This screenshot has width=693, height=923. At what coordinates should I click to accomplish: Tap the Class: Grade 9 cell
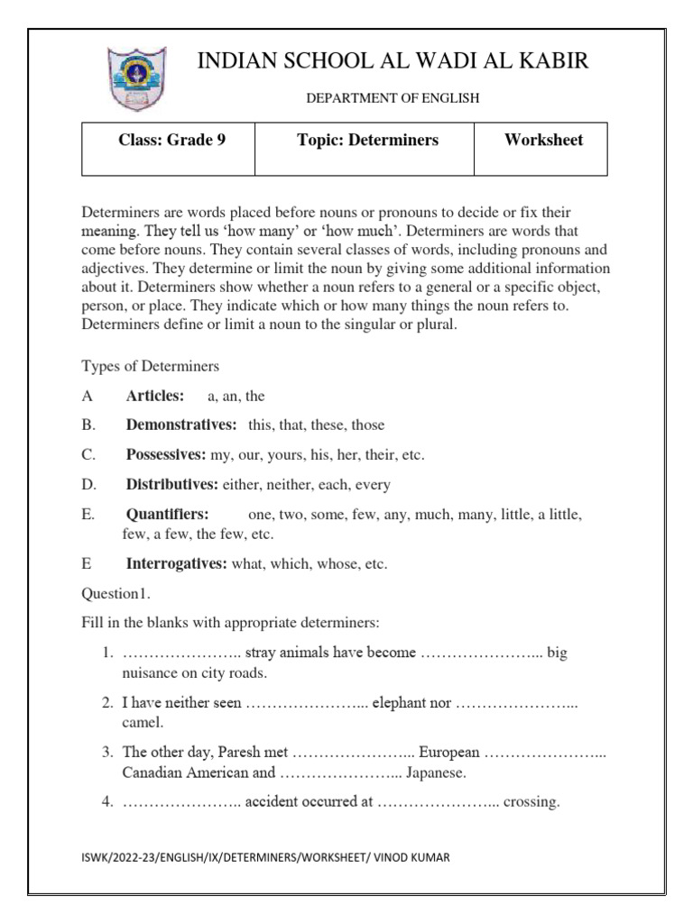tap(171, 141)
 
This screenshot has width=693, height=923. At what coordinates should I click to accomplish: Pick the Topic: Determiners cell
tap(367, 141)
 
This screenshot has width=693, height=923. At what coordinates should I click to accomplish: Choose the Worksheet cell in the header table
tap(543, 141)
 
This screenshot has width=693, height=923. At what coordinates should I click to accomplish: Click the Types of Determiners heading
tap(151, 366)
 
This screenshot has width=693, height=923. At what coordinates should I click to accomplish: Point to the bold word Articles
tap(155, 396)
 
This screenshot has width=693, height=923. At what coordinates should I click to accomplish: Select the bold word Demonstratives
tap(181, 425)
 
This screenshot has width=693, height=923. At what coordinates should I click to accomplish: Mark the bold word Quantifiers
tap(168, 514)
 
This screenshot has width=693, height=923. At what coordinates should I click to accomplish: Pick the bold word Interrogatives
tap(177, 564)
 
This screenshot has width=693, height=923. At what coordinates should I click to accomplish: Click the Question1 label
tap(116, 594)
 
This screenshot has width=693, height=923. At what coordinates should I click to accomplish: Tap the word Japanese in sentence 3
tap(436, 772)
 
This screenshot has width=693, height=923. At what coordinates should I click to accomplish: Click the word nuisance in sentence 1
tap(149, 672)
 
